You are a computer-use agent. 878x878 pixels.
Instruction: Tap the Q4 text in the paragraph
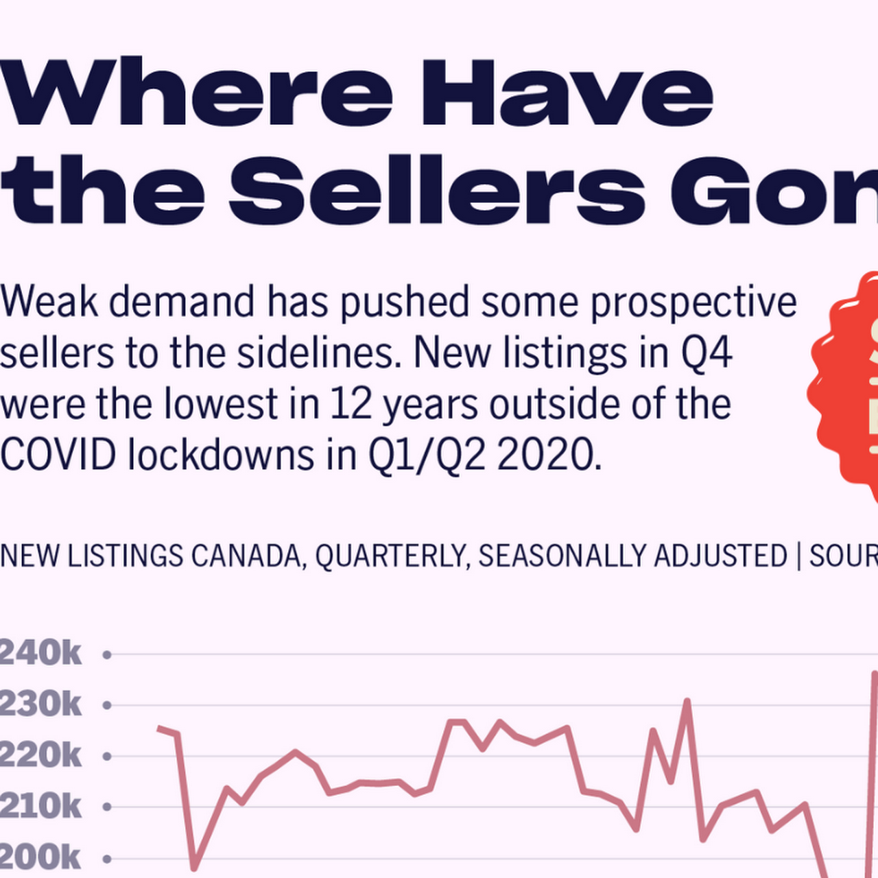click(x=706, y=353)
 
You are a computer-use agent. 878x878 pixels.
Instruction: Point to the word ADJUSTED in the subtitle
click(x=720, y=556)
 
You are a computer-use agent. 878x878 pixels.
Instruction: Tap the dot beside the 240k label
click(x=106, y=655)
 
